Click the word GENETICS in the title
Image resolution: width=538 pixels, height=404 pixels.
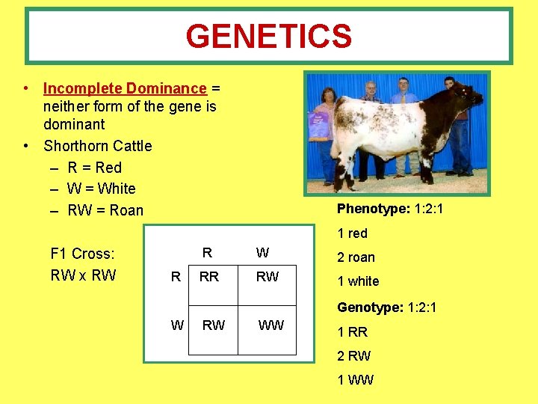[x=268, y=36]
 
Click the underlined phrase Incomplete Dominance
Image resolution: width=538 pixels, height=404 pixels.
[x=124, y=88]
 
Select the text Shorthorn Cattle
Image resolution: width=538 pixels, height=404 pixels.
[x=97, y=146]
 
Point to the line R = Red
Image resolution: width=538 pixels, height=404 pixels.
[x=94, y=168]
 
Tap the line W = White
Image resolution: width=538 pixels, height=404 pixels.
[x=101, y=189]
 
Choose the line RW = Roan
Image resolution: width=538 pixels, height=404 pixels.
[x=105, y=210]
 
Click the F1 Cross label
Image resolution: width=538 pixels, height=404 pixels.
[x=82, y=254]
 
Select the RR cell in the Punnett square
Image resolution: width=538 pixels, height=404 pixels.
[x=209, y=277]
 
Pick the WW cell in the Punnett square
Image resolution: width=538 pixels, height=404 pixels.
[x=270, y=325]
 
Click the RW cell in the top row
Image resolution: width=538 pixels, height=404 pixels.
[x=267, y=277]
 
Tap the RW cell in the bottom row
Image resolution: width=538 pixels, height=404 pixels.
[x=214, y=325]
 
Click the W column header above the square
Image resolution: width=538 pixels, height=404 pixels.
[x=262, y=252]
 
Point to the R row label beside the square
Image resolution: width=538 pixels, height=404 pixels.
[x=176, y=277]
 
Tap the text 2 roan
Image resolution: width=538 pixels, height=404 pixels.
[x=356, y=257]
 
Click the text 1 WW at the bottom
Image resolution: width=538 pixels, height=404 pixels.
[x=355, y=380]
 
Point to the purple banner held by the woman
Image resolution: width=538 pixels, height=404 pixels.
[x=320, y=123]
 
